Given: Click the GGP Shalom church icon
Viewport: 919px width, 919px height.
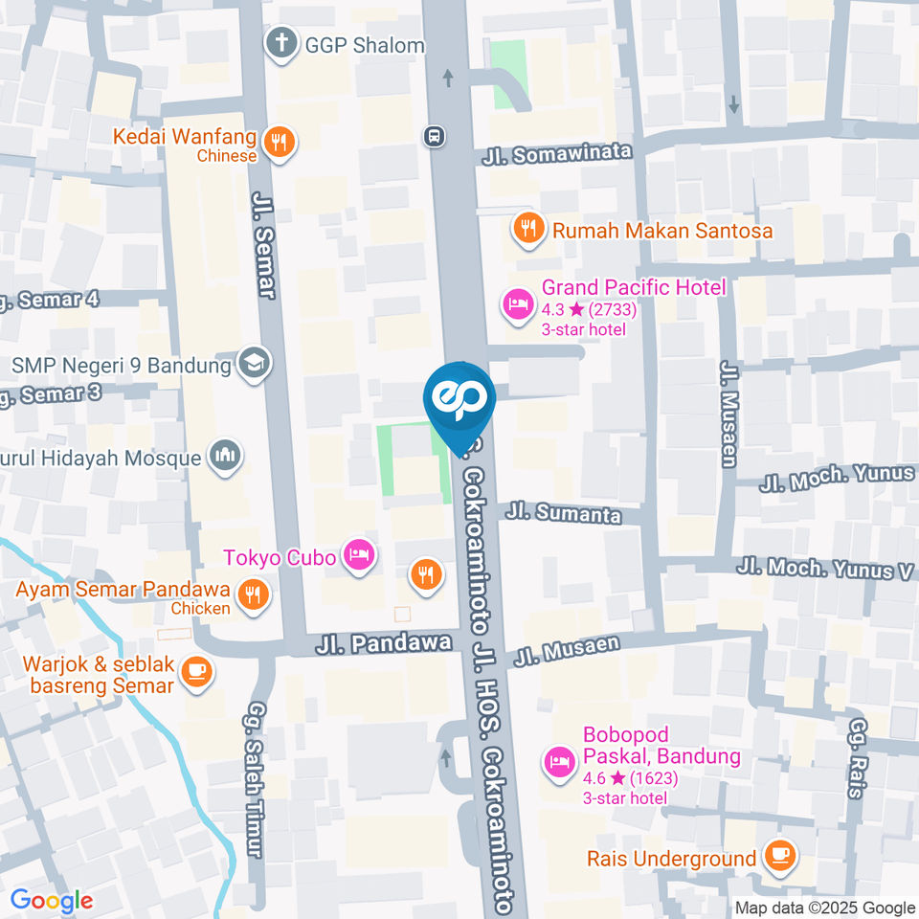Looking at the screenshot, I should pyautogui.click(x=280, y=44).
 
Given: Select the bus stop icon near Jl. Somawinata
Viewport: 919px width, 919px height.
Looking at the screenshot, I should pyautogui.click(x=435, y=136).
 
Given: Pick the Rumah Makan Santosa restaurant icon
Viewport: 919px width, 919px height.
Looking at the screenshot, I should pyautogui.click(x=526, y=229).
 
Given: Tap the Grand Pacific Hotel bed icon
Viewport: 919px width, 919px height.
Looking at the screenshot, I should pyautogui.click(x=517, y=304).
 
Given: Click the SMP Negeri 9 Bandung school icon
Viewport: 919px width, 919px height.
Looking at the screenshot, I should pyautogui.click(x=255, y=364).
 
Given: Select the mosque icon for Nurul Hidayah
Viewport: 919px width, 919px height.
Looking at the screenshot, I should pyautogui.click(x=226, y=457).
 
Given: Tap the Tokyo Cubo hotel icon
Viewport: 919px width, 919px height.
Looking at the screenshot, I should pyautogui.click(x=358, y=554).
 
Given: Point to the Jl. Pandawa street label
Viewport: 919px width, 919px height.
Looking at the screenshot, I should pyautogui.click(x=383, y=644).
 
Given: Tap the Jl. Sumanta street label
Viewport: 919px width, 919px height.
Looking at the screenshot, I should pyautogui.click(x=564, y=513).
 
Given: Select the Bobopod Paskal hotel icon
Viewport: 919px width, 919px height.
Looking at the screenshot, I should pyautogui.click(x=558, y=763).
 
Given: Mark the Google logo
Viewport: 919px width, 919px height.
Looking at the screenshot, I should pyautogui.click(x=52, y=900).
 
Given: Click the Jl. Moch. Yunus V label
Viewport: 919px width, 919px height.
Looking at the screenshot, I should pyautogui.click(x=824, y=570).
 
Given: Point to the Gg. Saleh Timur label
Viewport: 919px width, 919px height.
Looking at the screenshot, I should pyautogui.click(x=255, y=779).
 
